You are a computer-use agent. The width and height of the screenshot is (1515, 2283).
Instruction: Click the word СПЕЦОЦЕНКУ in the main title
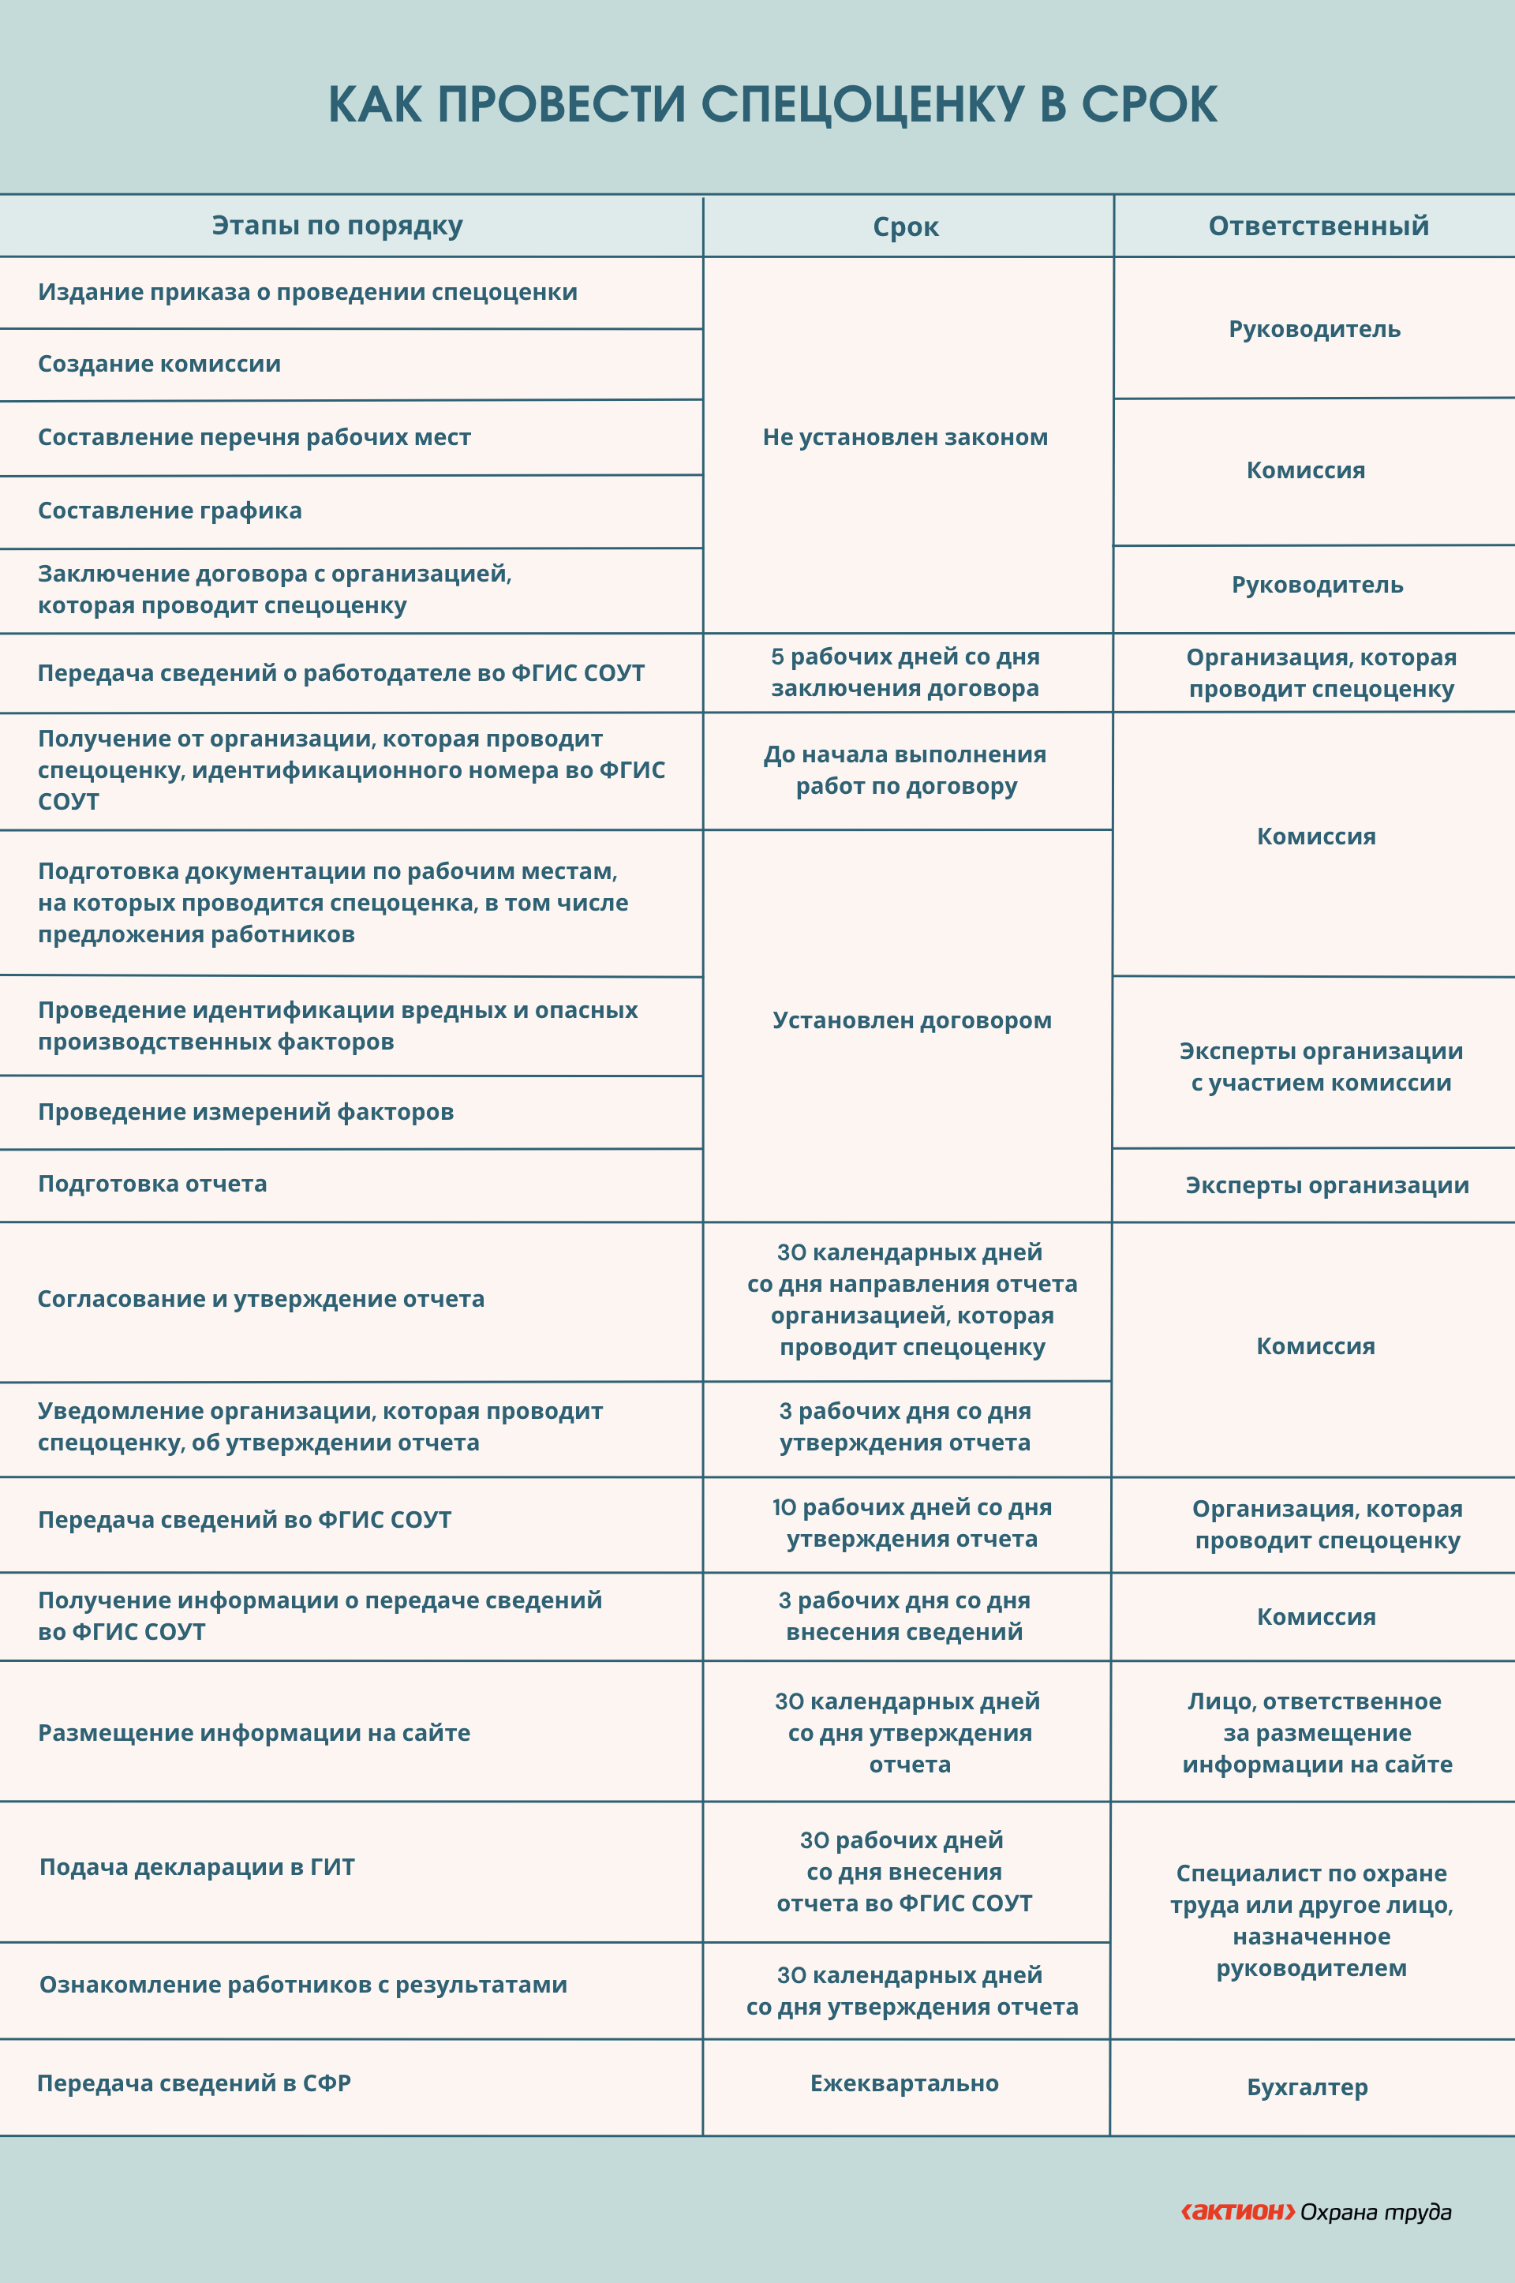pos(861,104)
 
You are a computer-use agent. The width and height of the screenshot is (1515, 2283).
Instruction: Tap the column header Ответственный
pos(1318,226)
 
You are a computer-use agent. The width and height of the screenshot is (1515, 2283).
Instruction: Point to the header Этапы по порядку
pos(337,226)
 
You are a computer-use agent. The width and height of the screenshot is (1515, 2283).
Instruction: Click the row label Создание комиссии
pos(159,365)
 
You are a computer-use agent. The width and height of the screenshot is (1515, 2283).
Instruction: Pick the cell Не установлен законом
pos(905,438)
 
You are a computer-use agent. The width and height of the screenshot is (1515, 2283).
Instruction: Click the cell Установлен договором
pos(911,1021)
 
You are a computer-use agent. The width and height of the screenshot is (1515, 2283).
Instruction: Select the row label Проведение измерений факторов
pos(245,1112)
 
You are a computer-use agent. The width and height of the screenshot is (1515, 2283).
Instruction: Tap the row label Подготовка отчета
pos(152,1185)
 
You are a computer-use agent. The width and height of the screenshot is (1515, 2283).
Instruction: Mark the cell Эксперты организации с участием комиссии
pos(1321,1067)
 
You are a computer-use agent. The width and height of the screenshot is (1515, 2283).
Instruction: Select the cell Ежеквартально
pos(904,2084)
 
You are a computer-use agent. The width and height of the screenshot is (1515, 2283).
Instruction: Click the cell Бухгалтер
pos(1307,2088)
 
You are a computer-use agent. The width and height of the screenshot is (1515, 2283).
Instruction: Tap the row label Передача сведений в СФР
pos(194,2084)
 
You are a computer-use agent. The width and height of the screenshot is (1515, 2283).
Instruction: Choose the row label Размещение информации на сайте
pos(254,1733)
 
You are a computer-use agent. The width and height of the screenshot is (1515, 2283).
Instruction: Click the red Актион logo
pos(1238,2211)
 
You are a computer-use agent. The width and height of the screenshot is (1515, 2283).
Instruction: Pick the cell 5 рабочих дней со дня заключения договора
pos(905,672)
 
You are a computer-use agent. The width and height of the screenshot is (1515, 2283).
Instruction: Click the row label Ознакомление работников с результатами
pos(303,1985)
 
